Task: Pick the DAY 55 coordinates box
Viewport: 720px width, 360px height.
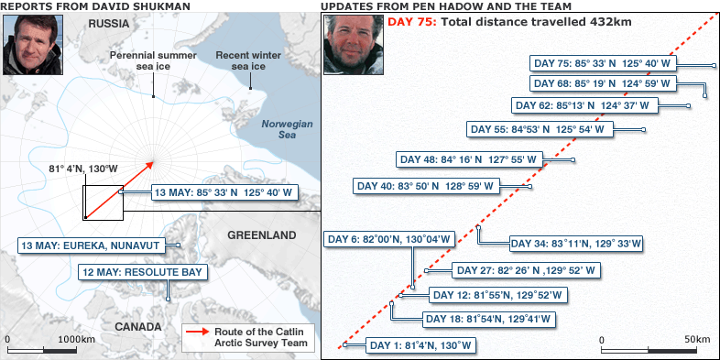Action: pyautogui.click(x=538, y=129)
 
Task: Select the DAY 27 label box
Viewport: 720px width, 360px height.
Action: pyautogui.click(x=526, y=270)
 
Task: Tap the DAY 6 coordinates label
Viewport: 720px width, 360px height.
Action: pyautogui.click(x=389, y=240)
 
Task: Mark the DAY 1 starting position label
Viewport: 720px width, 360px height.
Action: pyautogui.click(x=421, y=345)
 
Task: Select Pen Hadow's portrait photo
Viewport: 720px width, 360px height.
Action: pyautogui.click(x=353, y=45)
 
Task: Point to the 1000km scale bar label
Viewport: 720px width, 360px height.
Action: pyautogui.click(x=76, y=339)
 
